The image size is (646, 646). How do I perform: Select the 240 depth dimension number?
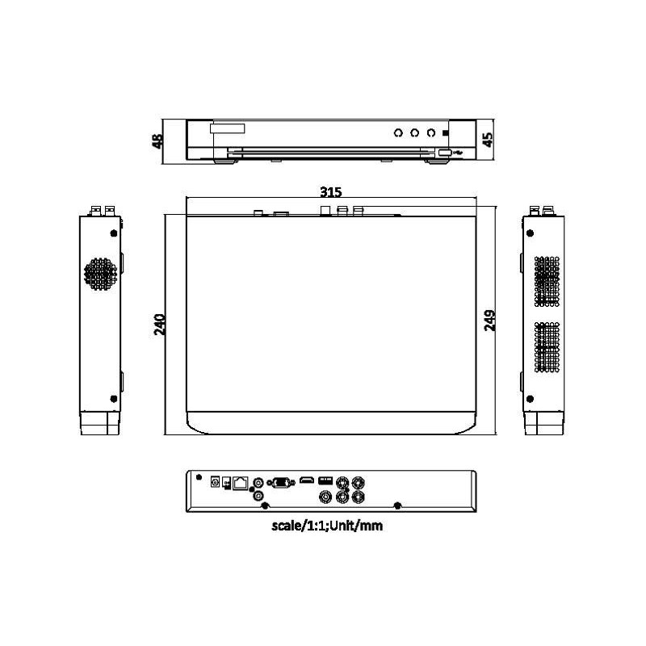(159, 325)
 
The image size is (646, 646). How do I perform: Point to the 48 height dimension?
(157, 141)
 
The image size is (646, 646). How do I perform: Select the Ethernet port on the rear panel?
(241, 482)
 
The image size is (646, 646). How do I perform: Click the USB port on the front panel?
(445, 151)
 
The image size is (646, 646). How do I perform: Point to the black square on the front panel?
(446, 132)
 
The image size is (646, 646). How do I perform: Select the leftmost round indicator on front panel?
(397, 132)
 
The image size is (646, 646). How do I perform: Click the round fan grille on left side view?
(99, 275)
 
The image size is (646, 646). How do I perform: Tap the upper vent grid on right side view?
(547, 280)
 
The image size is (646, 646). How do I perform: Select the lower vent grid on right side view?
(547, 347)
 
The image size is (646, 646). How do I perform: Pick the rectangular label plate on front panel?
(227, 128)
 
